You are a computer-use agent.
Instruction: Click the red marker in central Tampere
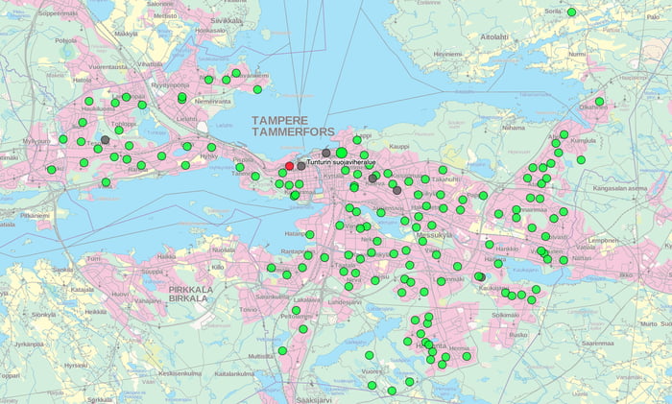point(290,166)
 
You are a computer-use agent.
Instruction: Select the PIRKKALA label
point(188,287)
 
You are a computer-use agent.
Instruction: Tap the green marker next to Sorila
point(571,12)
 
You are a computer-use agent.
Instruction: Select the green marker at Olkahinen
point(599,101)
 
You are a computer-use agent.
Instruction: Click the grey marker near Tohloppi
point(106,140)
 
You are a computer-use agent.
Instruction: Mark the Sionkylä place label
point(44,314)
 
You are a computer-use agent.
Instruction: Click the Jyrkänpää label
point(30,343)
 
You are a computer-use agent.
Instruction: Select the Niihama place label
point(514,127)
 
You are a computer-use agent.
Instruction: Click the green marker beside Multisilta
point(282,351)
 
